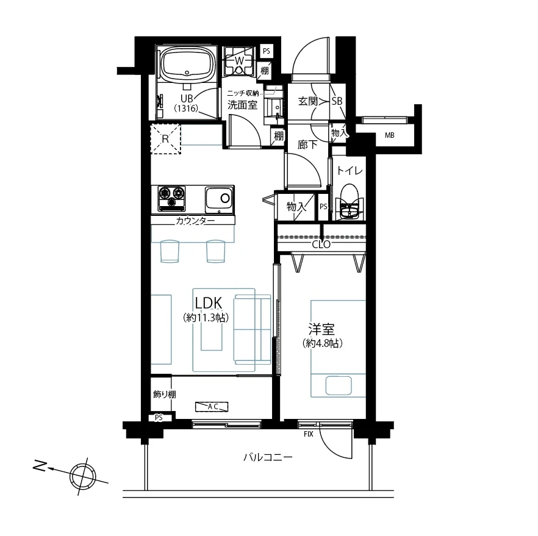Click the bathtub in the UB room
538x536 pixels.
point(187,64)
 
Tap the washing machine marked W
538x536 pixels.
point(239,61)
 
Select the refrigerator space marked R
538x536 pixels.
point(165,139)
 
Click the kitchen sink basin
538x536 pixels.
point(220,199)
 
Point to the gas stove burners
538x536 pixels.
point(171,199)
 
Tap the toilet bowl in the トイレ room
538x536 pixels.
point(349,202)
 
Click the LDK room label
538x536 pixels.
point(208,303)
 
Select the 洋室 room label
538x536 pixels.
point(321,329)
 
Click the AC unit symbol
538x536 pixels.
point(212,407)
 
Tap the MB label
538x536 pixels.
point(389,135)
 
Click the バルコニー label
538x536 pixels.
point(268,457)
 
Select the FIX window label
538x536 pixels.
point(309,434)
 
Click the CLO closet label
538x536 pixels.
point(321,245)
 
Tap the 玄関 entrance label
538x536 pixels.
point(307,101)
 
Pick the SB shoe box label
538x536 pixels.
point(337,101)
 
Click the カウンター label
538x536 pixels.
point(195,221)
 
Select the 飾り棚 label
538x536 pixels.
point(165,395)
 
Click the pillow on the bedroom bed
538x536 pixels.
point(339,385)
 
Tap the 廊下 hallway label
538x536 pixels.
point(307,145)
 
